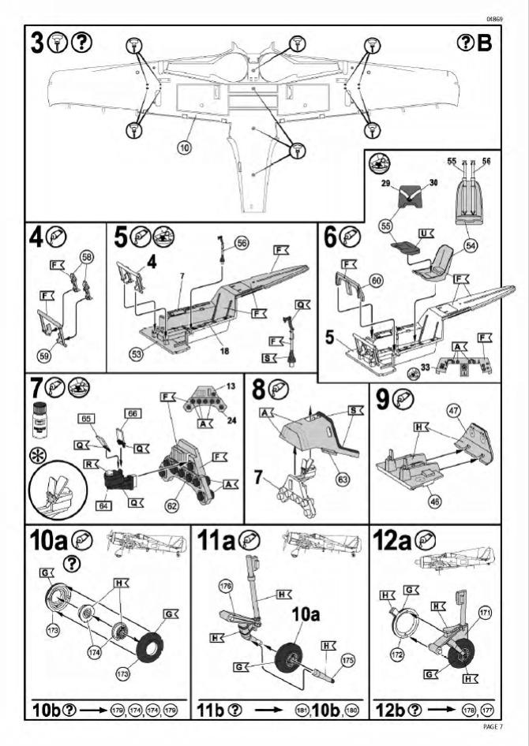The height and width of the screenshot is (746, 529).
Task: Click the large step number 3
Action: tap(38, 43)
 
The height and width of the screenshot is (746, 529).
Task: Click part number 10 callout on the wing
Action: tap(183, 147)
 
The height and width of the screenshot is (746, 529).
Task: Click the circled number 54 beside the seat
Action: tap(471, 245)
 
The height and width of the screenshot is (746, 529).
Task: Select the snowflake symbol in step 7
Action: tap(36, 458)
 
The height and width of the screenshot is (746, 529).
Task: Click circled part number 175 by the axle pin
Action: tap(347, 659)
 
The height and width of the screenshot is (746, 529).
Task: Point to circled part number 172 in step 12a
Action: tap(396, 655)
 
